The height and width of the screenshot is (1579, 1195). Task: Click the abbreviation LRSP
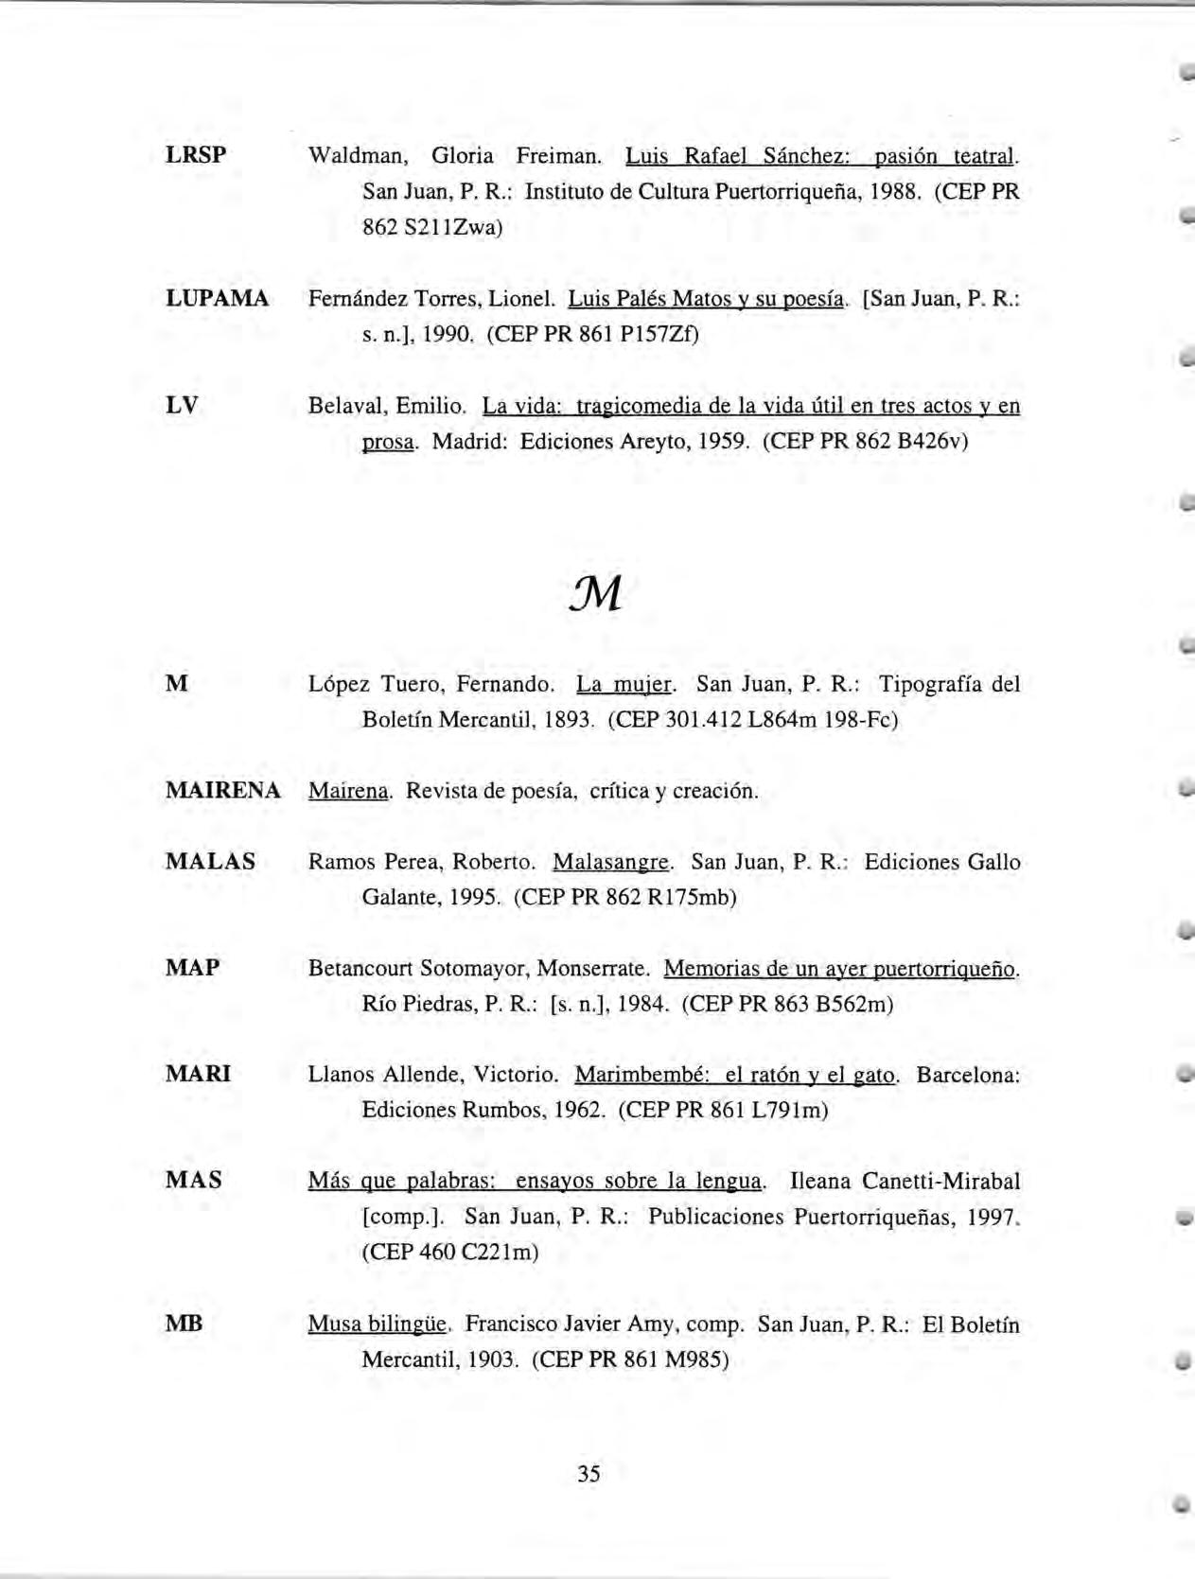tap(196, 155)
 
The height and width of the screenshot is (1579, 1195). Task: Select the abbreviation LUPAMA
tap(217, 299)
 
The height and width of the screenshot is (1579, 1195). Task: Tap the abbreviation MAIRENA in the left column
tap(222, 791)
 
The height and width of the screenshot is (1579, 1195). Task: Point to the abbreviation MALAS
tap(210, 862)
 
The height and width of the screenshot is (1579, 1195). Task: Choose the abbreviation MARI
tap(198, 1074)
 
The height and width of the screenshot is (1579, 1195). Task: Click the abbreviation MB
tap(184, 1324)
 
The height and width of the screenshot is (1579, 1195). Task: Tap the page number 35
tap(589, 1473)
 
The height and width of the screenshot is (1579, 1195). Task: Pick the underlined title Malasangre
tap(611, 863)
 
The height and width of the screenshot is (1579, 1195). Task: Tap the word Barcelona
tap(968, 1075)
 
